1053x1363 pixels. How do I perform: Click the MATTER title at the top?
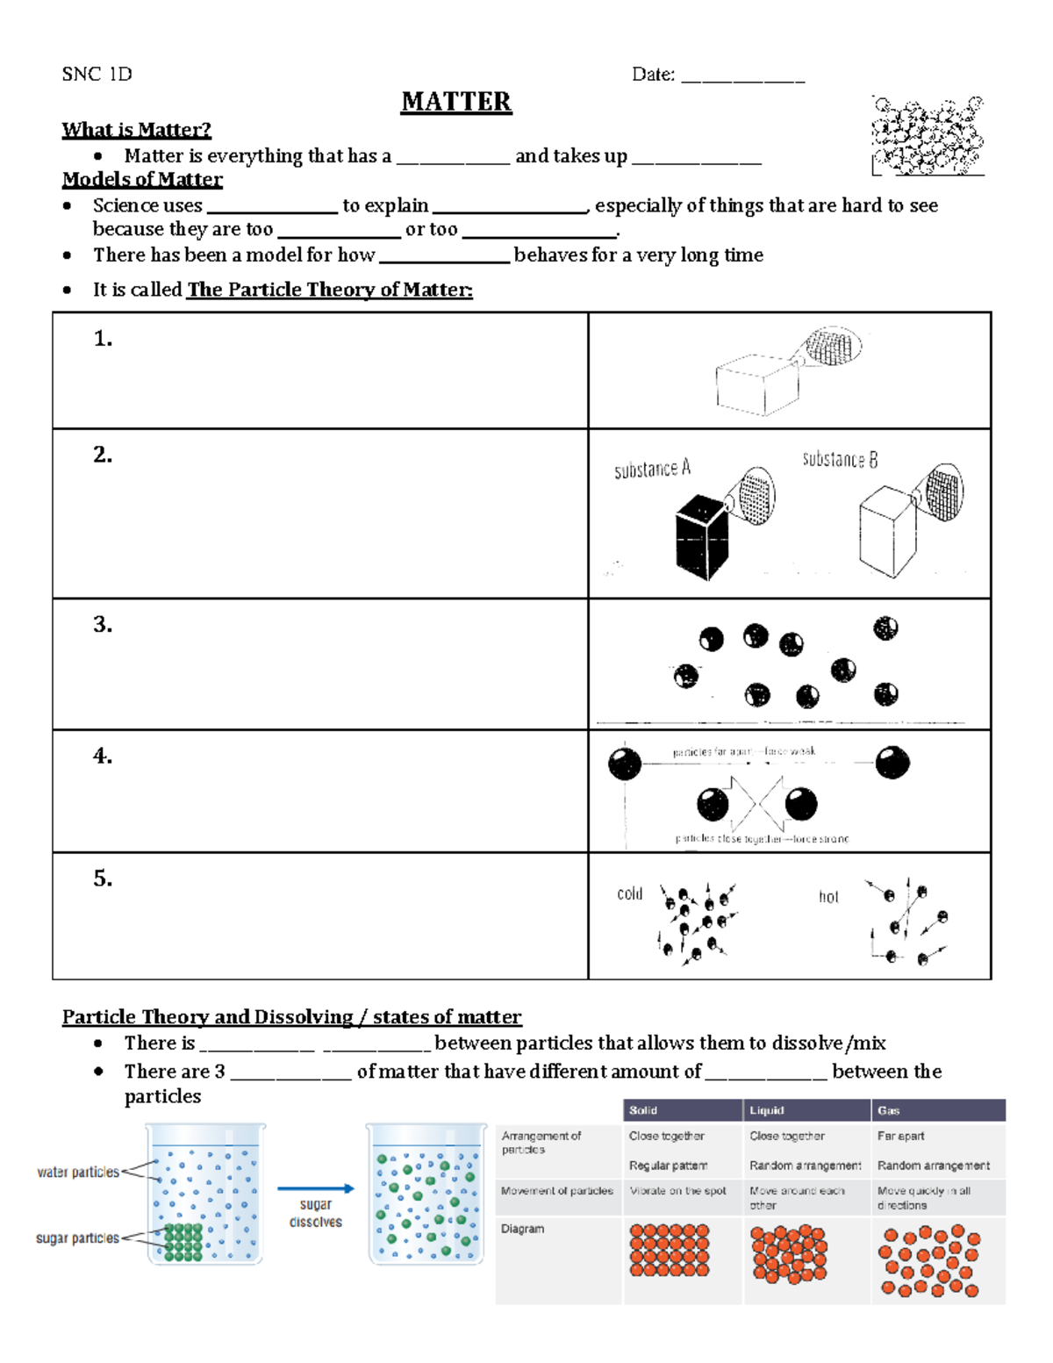tap(456, 102)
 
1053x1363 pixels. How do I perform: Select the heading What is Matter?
tap(136, 130)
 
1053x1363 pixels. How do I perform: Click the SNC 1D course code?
tap(97, 75)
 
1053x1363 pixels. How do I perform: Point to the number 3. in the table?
tap(103, 624)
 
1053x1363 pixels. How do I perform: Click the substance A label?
tap(652, 470)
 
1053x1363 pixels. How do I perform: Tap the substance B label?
tap(840, 460)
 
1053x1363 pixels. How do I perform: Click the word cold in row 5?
tap(629, 894)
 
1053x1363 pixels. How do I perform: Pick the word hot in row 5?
tap(828, 897)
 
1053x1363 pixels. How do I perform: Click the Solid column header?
tap(643, 1110)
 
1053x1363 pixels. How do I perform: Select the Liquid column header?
tap(766, 1110)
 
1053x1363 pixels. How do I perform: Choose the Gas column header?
tap(888, 1110)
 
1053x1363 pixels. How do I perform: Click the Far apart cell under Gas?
tap(900, 1136)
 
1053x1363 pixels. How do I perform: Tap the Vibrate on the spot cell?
tap(677, 1191)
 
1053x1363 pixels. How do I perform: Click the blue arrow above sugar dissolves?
tap(316, 1188)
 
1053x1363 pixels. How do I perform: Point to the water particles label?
tap(78, 1173)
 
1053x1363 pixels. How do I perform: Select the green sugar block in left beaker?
tap(183, 1243)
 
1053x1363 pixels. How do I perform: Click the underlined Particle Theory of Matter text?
tap(329, 290)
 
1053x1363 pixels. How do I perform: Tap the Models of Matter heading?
tap(142, 180)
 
